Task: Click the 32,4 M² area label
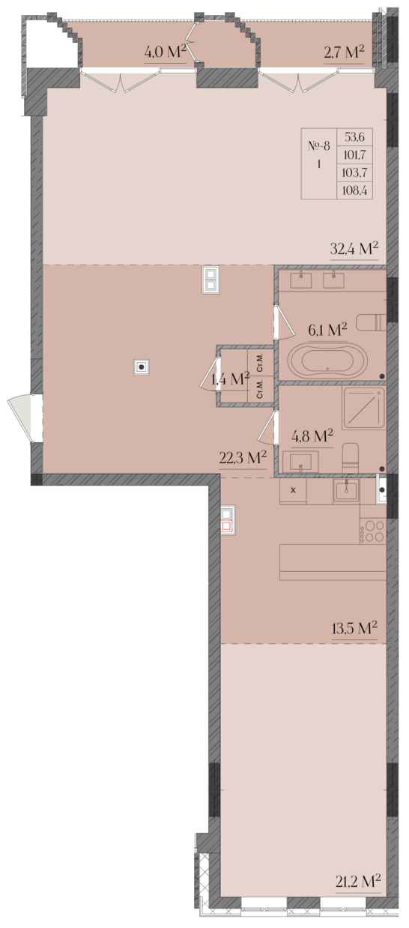pos(354,249)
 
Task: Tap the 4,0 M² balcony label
pos(166,52)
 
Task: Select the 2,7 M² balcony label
pos(344,52)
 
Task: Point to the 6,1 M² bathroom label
pos(327,330)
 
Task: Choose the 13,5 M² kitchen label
pos(354,628)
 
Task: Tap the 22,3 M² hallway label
pos(243,458)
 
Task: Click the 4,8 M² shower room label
pos(312,436)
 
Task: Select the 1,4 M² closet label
pos(230,379)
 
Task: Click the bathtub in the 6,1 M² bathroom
pos(327,360)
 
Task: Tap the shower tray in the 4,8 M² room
pos(363,408)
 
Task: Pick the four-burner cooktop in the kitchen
pos(372,531)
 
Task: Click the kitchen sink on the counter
pos(346,490)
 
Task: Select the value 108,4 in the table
pos(355,191)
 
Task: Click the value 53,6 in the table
pos(354,136)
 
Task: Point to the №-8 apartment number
pos(319,146)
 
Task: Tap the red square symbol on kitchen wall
pos(227,526)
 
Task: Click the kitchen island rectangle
pos(333,562)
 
